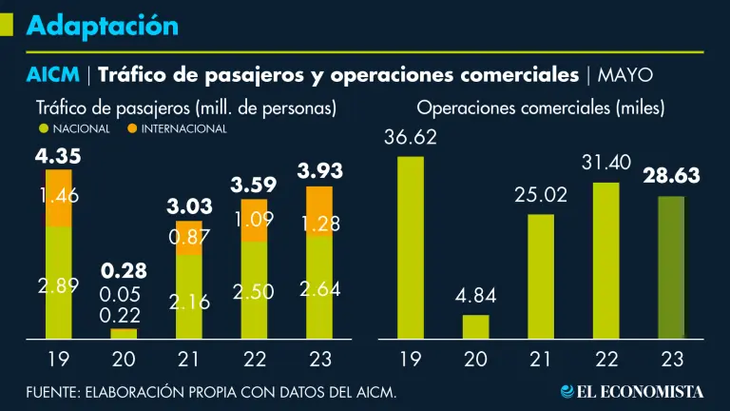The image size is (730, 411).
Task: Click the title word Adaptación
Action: coord(103,26)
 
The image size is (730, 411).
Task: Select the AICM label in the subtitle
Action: coord(52,74)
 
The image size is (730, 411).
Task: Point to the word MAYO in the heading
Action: coord(624,75)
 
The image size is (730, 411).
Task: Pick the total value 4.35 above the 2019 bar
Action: coord(58,156)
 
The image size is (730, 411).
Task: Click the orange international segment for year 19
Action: coord(59,198)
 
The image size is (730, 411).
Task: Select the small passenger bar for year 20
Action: coord(124,333)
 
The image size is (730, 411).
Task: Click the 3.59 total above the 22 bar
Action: coord(253,185)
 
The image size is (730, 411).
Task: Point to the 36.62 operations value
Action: coord(410,138)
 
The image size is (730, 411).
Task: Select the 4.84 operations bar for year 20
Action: coord(475,326)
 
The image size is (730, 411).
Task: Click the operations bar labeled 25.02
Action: coord(541,276)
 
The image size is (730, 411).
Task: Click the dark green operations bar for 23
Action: coord(671,267)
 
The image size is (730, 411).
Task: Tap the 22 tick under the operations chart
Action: coord(606,359)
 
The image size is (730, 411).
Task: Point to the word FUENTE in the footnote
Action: coord(53,391)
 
